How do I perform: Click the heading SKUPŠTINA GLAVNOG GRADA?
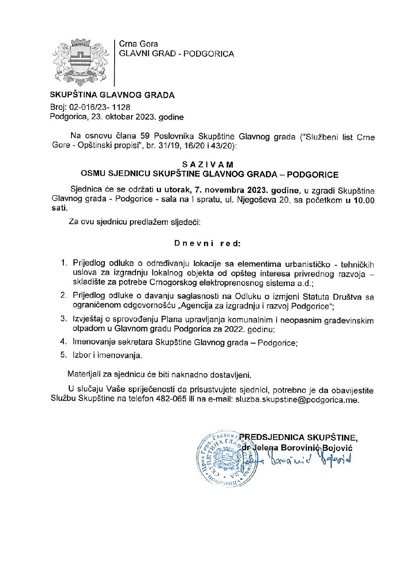pos(112,95)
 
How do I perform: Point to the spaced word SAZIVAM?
pos(208,165)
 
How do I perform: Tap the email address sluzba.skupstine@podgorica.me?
pos(297,400)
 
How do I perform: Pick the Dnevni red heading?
pos(207,244)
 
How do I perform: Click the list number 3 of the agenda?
pos(64,319)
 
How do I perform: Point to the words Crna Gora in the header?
pos(138,44)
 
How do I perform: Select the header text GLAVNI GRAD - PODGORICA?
pos(176,54)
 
